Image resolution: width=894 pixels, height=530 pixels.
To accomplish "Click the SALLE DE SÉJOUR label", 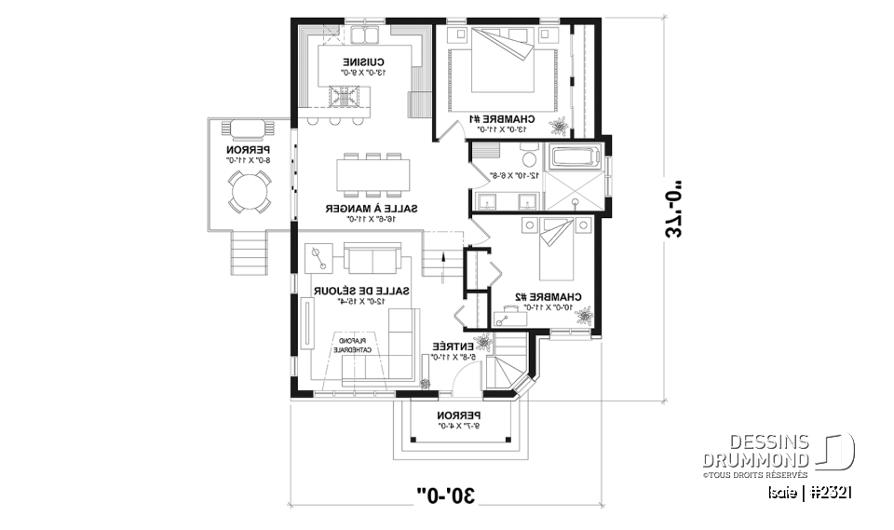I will click(x=350, y=293).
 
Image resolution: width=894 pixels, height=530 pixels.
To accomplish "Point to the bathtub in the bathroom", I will click(x=574, y=157).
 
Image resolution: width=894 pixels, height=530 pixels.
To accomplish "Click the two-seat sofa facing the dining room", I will click(x=371, y=258).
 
